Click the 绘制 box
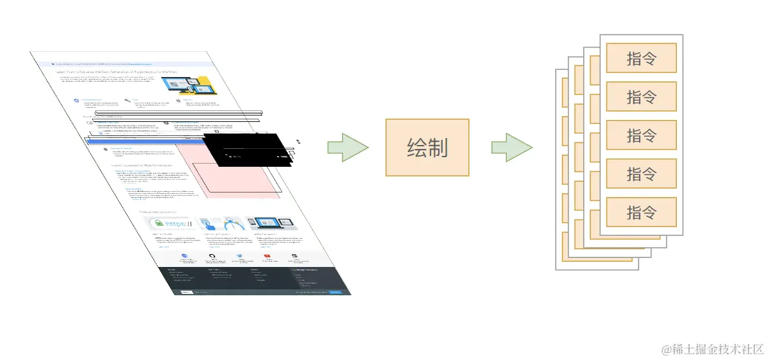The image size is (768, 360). tap(427, 147)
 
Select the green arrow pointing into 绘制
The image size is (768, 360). tap(348, 147)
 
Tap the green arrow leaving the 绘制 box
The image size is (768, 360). tap(511, 147)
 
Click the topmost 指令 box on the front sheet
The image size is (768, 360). tap(641, 58)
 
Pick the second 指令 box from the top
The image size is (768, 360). tap(641, 96)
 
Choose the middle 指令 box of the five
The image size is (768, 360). tap(641, 135)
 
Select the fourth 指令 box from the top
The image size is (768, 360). tap(641, 173)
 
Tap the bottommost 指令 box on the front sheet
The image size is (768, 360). tap(641, 212)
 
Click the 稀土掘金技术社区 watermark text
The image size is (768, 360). tap(713, 349)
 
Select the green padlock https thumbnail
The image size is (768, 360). tap(169, 223)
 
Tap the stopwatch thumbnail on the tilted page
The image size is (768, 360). tap(220, 223)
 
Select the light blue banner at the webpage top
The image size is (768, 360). tap(128, 64)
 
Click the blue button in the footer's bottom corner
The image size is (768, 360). tap(336, 292)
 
